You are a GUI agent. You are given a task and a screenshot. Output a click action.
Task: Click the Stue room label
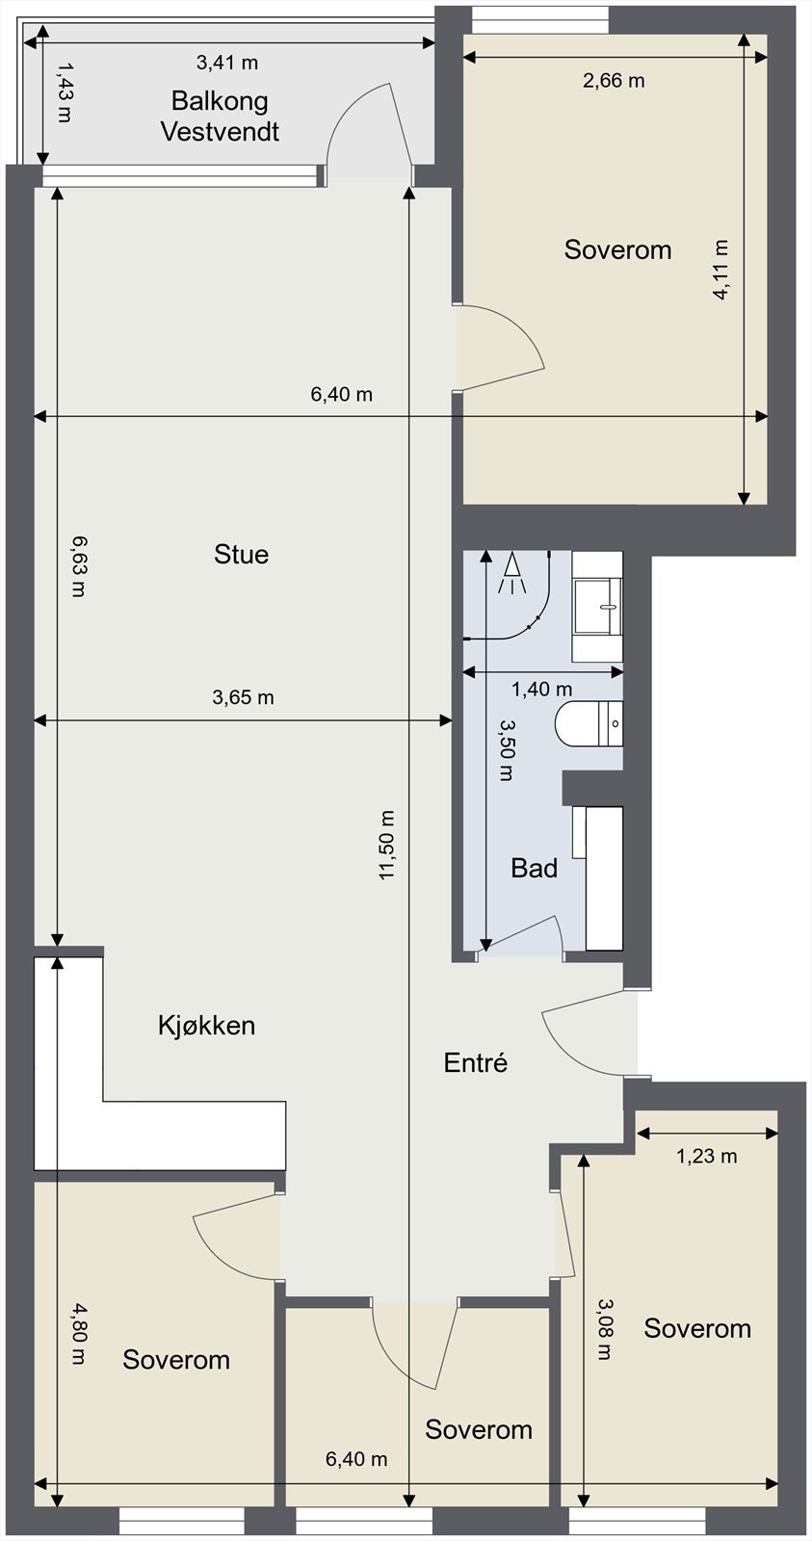(241, 555)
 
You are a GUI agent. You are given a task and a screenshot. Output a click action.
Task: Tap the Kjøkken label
(206, 1025)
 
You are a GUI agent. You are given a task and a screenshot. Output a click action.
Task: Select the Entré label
(475, 1062)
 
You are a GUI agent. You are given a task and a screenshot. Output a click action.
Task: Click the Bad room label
(534, 869)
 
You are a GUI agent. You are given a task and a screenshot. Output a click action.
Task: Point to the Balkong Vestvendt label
(220, 116)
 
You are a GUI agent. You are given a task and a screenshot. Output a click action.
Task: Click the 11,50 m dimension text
(387, 845)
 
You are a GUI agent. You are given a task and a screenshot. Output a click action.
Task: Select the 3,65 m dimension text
(243, 697)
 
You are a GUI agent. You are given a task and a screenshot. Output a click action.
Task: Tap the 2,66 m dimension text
(614, 81)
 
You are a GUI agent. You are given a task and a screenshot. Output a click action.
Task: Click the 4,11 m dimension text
(721, 271)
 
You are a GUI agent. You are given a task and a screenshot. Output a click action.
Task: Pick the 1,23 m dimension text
(706, 1156)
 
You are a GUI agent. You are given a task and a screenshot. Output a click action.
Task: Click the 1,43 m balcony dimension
(65, 93)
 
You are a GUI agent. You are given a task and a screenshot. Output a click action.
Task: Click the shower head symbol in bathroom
(511, 572)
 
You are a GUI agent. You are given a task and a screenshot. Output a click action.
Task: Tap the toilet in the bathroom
(588, 724)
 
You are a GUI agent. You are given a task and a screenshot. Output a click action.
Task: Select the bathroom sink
(597, 606)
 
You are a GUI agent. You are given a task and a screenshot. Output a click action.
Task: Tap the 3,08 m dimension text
(604, 1329)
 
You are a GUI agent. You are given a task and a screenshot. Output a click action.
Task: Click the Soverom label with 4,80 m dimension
(176, 1360)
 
